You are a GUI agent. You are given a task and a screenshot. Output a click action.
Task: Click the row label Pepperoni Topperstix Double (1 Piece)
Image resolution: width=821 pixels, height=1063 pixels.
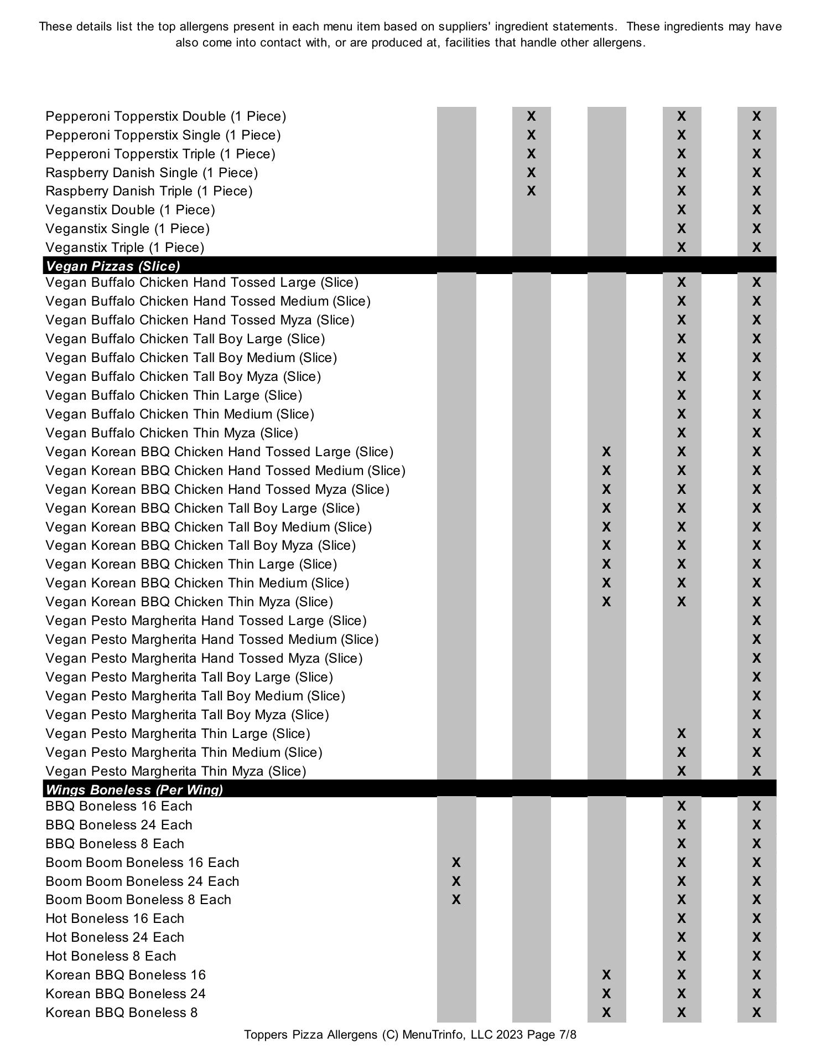(x=165, y=116)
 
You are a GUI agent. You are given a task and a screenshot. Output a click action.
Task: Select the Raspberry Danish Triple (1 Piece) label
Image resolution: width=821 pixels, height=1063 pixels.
(x=149, y=191)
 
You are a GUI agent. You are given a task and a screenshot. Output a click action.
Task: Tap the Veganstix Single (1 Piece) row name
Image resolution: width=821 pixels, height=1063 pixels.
(x=127, y=229)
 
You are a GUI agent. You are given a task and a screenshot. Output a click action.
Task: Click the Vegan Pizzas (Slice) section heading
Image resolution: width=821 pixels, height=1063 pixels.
(x=113, y=266)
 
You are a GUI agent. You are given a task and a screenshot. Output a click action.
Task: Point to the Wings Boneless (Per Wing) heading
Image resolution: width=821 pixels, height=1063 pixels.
(x=134, y=789)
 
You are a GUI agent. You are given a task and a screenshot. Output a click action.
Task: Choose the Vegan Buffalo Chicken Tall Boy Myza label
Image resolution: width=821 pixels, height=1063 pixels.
(x=183, y=376)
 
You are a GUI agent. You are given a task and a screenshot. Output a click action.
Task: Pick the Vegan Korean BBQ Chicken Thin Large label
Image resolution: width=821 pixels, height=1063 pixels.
(x=191, y=564)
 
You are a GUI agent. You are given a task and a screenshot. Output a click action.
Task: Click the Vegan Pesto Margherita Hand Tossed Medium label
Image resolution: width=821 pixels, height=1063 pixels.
(x=212, y=639)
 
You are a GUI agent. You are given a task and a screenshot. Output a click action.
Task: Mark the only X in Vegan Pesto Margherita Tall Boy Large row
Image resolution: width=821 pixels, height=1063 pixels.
(x=756, y=677)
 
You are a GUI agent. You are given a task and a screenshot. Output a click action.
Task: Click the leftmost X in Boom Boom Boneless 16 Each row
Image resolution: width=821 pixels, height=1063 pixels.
(x=456, y=863)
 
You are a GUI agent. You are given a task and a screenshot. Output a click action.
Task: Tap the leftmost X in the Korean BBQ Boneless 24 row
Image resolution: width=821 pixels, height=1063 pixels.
(x=606, y=994)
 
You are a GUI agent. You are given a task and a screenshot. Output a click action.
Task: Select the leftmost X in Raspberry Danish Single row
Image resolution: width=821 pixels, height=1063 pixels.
(x=531, y=173)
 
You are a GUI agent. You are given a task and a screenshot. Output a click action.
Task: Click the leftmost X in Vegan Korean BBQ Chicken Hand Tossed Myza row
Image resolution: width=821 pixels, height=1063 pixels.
(x=606, y=489)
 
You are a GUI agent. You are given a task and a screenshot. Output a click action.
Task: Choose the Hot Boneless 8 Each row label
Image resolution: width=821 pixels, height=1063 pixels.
(x=111, y=956)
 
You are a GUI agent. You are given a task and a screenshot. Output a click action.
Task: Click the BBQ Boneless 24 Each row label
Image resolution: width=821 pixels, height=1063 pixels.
(x=119, y=825)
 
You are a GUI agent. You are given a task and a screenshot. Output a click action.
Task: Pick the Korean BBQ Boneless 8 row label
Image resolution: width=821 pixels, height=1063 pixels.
(x=121, y=1013)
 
